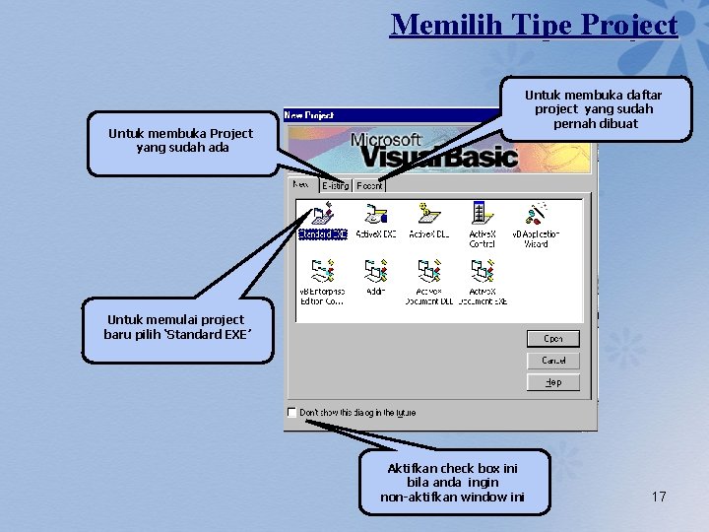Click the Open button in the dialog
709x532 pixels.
pos(553,339)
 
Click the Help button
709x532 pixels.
pos(553,382)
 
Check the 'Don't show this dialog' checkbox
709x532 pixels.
pos(291,412)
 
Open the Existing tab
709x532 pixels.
pos(334,185)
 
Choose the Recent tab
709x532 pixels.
pos(369,185)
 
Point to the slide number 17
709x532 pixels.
pos(659,497)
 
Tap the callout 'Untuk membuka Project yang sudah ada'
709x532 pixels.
pos(180,140)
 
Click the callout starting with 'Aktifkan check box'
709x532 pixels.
pos(452,483)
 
